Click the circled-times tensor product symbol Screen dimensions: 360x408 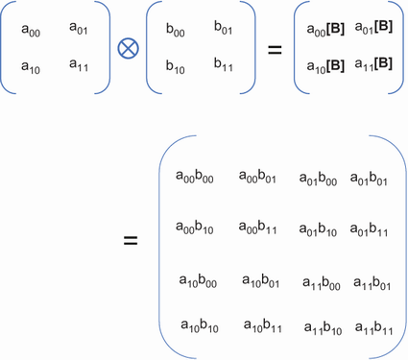pos(126,46)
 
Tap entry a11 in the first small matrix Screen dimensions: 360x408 pos(80,65)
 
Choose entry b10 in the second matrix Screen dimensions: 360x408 pos(176,67)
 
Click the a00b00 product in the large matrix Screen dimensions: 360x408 pos(195,177)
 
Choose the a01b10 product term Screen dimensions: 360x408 pos(318,230)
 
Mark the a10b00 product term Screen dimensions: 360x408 pos(199,281)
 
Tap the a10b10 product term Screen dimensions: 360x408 pos(199,327)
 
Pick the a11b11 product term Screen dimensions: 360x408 pos(374,329)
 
